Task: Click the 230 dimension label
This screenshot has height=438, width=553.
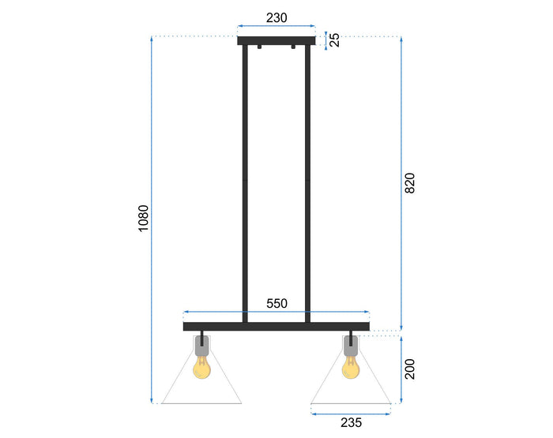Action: pos(276,17)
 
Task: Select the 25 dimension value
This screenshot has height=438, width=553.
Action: pos(335,39)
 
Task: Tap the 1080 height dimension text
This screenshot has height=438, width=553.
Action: pos(143,219)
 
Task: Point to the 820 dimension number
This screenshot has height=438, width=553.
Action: pos(409,183)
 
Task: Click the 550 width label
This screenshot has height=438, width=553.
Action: pos(276,303)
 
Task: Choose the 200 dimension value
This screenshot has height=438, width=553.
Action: pos(409,369)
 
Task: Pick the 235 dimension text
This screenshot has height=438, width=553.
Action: pos(351,423)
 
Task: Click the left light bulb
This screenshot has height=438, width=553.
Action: pos(202,366)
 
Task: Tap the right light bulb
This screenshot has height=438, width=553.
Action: pos(351,366)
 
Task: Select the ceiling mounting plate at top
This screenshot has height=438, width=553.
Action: pos(276,41)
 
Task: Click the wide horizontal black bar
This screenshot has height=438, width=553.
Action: pos(276,326)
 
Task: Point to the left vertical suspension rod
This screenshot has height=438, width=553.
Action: pos(245,182)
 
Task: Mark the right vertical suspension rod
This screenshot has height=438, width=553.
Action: pos(308,182)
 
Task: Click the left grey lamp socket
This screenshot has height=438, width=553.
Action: pos(202,345)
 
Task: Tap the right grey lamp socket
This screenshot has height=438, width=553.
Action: pos(351,345)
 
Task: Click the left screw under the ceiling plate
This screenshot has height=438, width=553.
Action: pos(258,49)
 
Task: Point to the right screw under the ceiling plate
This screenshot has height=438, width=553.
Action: pos(293,49)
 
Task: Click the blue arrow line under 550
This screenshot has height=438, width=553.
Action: pos(276,313)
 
